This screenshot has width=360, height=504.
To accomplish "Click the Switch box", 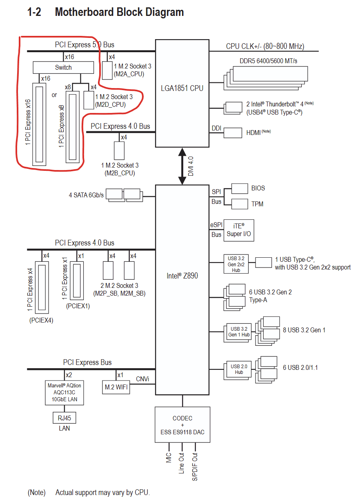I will click(x=63, y=67).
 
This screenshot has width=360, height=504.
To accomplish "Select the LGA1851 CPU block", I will click(x=182, y=88).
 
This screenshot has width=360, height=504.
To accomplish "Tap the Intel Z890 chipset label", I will click(x=182, y=276).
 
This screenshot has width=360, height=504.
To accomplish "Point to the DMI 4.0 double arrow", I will click(x=182, y=166).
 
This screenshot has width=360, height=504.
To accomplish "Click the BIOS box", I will click(x=240, y=188).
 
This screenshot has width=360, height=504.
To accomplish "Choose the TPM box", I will click(x=240, y=203).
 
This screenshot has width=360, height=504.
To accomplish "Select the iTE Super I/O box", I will click(x=239, y=230).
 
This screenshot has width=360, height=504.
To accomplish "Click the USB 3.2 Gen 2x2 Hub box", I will click(x=236, y=264).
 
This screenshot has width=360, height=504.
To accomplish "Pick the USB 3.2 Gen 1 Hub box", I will click(x=239, y=332).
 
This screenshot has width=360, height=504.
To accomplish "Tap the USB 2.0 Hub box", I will click(x=239, y=369).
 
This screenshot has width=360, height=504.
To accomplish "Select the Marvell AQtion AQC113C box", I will click(x=64, y=392).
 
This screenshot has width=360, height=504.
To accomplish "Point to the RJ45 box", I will click(x=64, y=418).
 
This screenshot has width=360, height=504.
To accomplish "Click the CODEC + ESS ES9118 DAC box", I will click(x=182, y=425).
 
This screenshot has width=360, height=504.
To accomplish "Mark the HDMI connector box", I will click(x=233, y=133).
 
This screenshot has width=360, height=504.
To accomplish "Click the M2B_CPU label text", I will click(x=120, y=173).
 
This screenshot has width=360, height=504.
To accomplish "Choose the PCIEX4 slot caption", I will click(x=41, y=320).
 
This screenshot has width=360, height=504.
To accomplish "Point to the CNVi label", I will click(x=142, y=379).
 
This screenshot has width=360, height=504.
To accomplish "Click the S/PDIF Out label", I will click(x=195, y=466).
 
